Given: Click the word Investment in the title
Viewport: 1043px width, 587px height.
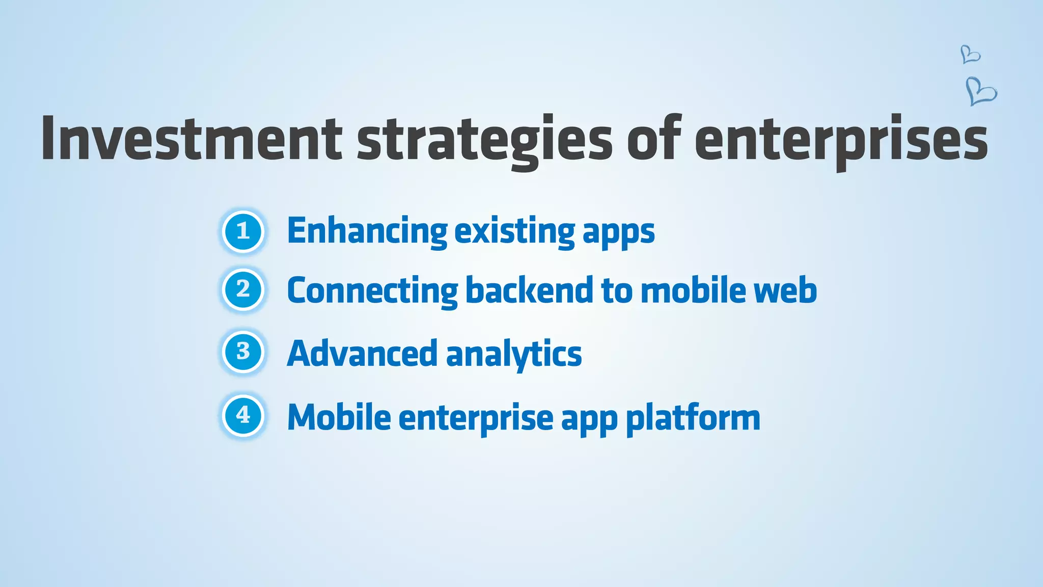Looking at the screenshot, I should click(x=191, y=139).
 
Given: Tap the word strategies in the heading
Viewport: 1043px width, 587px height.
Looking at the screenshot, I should click(x=484, y=140).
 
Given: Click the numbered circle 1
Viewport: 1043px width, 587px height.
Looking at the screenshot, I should click(x=243, y=231).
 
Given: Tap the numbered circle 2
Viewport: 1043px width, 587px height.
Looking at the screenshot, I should click(x=243, y=289).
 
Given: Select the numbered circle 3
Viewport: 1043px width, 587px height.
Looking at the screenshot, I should click(x=243, y=352).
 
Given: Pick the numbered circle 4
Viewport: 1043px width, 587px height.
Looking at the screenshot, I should click(x=243, y=415).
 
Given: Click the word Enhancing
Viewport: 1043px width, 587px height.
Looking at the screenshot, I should click(x=367, y=231).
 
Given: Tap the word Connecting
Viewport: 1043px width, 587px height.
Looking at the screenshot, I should click(x=372, y=290).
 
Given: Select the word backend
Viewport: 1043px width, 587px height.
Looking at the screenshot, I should click(x=530, y=290).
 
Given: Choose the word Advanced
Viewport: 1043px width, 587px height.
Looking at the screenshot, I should click(x=362, y=353).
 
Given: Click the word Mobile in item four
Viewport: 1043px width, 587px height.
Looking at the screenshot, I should click(x=339, y=417).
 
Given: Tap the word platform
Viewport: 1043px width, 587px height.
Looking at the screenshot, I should click(x=693, y=419).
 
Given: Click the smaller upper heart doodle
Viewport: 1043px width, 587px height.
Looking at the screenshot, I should click(x=970, y=54).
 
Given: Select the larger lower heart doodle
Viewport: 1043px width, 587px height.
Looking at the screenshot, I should click(x=981, y=92).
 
